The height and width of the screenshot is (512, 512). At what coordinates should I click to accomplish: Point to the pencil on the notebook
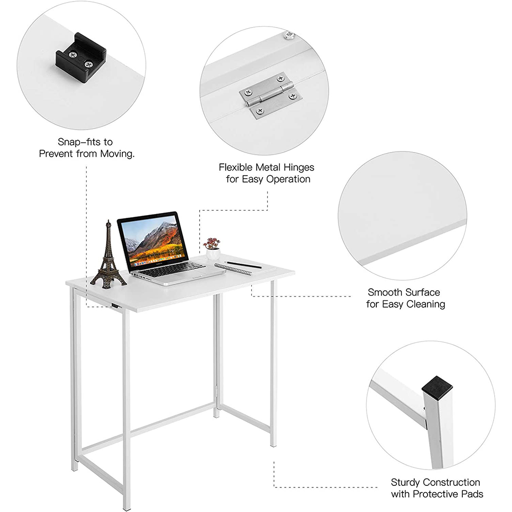click(x=244, y=265)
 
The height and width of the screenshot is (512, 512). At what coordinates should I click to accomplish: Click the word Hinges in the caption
click(x=296, y=167)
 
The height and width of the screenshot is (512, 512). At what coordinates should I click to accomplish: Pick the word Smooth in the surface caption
click(x=385, y=292)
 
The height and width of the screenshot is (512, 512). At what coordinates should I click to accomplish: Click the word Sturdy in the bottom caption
click(x=406, y=482)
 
